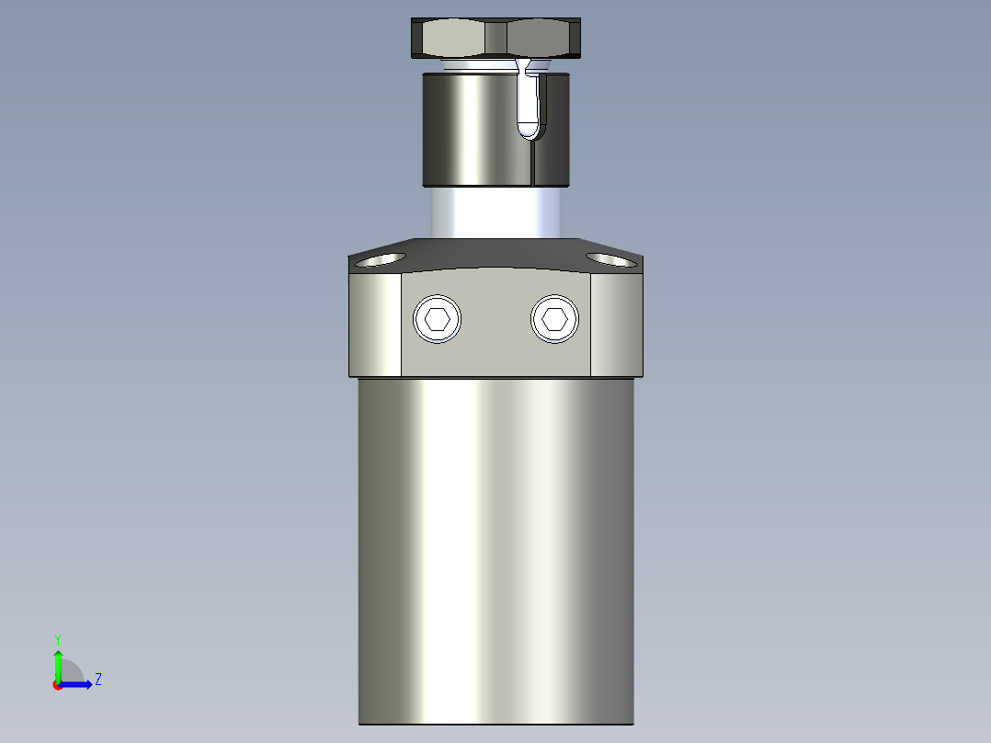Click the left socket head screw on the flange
pyautogui.click(x=438, y=320)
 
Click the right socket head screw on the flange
pyautogui.click(x=554, y=319)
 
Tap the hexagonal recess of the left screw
pyautogui.click(x=438, y=320)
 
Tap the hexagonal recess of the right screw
pyautogui.click(x=554, y=319)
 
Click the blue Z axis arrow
pyautogui.click(x=78, y=684)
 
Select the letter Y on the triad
pyautogui.click(x=57, y=638)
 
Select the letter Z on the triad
pyautogui.click(x=97, y=680)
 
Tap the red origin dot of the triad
pyautogui.click(x=58, y=685)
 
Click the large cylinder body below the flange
pyautogui.click(x=496, y=552)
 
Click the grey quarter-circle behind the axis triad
pyautogui.click(x=72, y=672)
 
